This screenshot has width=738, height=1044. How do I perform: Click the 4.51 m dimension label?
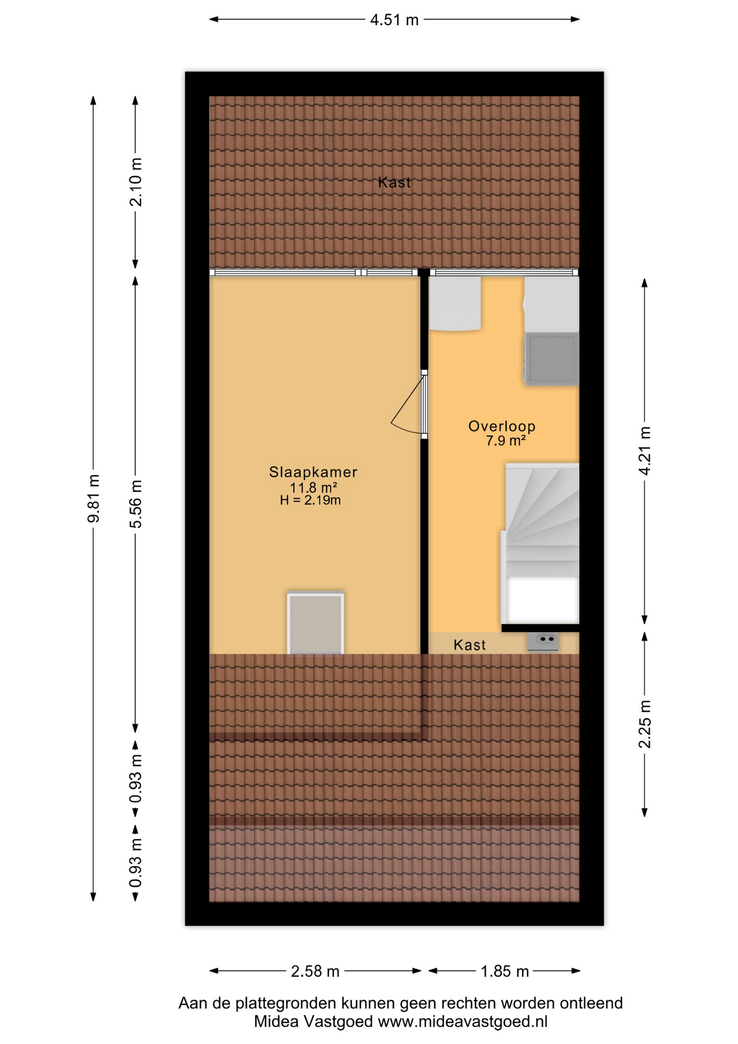[x=394, y=20]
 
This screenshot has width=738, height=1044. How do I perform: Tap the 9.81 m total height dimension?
[x=93, y=498]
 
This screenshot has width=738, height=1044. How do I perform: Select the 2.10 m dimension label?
[x=135, y=182]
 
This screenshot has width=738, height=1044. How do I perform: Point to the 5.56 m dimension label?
[x=135, y=504]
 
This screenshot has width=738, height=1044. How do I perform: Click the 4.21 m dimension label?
[x=645, y=451]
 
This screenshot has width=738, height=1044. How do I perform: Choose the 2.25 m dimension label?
[x=645, y=724]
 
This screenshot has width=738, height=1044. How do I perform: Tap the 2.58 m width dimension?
[x=315, y=971]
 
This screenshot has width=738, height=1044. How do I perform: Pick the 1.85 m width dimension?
[x=505, y=971]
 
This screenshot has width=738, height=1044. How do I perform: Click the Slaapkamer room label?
[x=313, y=472]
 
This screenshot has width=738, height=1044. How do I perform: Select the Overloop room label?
[x=502, y=426]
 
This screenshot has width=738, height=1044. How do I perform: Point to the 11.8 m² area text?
[x=313, y=488]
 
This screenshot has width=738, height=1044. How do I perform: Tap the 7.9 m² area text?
[x=505, y=440]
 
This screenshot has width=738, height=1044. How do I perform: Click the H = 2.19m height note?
[x=310, y=500]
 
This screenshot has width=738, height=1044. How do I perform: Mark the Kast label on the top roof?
[x=395, y=182]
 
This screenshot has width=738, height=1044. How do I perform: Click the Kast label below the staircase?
[x=470, y=645]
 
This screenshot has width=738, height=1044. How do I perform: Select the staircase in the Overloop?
[x=540, y=544]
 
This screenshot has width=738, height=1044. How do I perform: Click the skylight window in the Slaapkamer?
[x=316, y=623]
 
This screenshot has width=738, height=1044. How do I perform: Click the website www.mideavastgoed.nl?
[x=462, y=1022]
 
